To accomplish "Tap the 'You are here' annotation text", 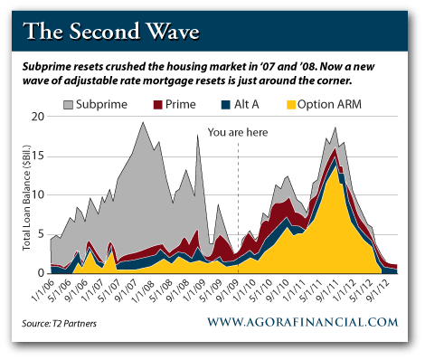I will tap(238, 130).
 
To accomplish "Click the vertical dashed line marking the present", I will tap(237, 208).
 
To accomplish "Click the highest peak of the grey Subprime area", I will tap(143, 122).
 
